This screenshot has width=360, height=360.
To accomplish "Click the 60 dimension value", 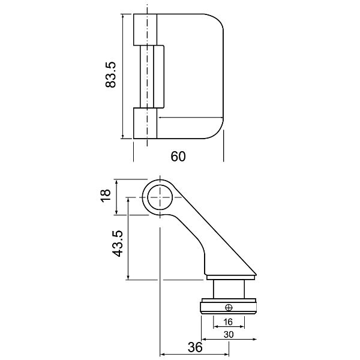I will click(x=178, y=157).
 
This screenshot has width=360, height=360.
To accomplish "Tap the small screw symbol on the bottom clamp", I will click(x=229, y=308).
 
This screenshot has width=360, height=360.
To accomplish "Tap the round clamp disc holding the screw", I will click(x=228, y=308).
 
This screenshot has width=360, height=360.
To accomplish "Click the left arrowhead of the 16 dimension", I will click(x=215, y=328).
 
